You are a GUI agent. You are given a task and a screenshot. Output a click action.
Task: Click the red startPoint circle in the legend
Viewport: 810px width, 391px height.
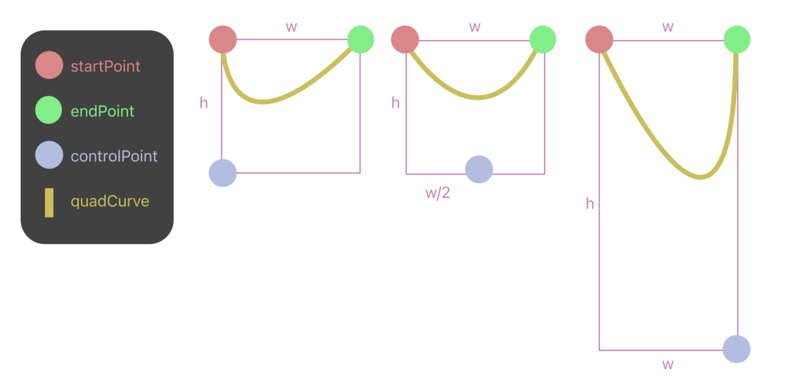click(49, 66)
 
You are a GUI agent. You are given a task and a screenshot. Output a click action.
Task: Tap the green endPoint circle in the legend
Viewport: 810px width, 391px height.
click(49, 110)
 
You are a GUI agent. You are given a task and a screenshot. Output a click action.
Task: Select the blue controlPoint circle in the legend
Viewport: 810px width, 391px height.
click(49, 155)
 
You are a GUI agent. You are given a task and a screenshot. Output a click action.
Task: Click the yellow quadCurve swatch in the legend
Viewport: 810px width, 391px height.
click(49, 203)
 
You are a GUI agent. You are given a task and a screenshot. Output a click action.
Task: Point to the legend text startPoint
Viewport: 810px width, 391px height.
click(105, 66)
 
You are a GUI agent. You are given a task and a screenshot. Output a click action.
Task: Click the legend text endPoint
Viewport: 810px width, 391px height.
click(103, 111)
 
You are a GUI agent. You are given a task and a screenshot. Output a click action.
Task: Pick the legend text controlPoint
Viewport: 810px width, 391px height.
click(114, 156)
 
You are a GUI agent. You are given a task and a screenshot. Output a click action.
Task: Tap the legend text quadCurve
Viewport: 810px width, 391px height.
click(110, 201)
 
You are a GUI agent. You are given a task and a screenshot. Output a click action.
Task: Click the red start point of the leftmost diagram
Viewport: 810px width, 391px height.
click(223, 39)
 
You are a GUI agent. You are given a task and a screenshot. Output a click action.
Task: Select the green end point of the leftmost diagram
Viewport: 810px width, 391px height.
click(360, 39)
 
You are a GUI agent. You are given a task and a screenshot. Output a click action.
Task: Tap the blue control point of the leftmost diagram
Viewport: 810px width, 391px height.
click(223, 173)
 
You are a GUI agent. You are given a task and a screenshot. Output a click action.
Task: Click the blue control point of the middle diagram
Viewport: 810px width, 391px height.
click(479, 170)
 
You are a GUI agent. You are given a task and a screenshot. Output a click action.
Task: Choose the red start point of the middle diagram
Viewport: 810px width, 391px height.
click(405, 39)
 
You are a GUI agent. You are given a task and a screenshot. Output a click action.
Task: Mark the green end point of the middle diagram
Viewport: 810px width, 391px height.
click(543, 39)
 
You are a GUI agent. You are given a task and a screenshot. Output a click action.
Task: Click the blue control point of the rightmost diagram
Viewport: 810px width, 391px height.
click(736, 349)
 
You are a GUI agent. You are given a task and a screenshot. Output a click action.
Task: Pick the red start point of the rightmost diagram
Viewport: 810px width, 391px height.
click(599, 39)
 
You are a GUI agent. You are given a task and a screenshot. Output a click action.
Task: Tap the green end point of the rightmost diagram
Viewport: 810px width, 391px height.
click(737, 39)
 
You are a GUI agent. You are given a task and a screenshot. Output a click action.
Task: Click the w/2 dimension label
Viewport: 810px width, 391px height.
click(437, 193)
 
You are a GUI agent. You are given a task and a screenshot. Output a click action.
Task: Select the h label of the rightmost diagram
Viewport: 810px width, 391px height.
click(590, 203)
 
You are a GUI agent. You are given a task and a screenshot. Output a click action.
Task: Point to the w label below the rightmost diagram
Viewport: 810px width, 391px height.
click(668, 365)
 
